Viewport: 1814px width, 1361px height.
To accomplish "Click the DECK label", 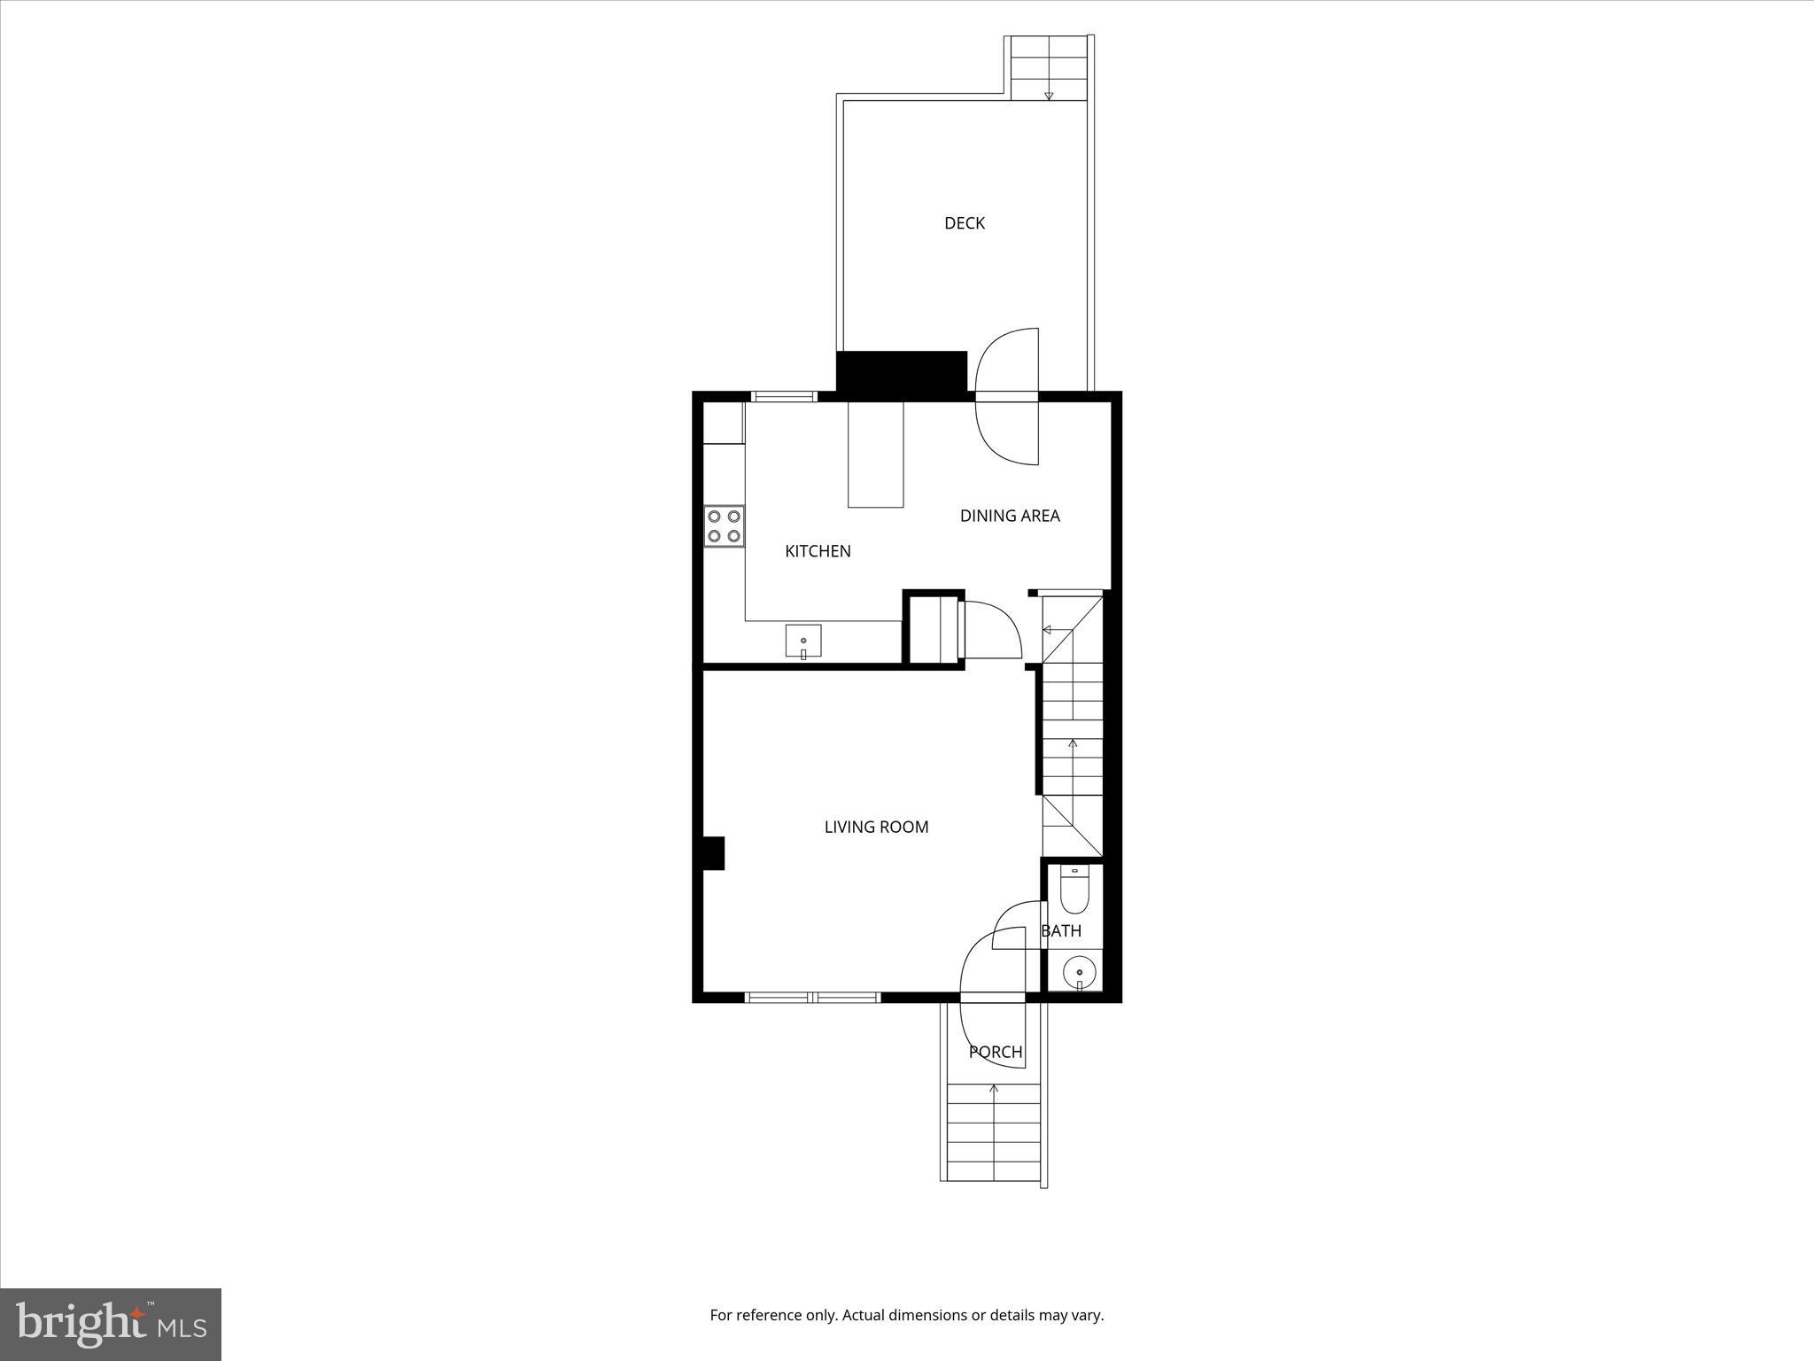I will coord(964,223).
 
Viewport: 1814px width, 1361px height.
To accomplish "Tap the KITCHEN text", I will coord(818,551).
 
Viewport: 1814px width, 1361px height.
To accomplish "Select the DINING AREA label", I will coord(1010,516).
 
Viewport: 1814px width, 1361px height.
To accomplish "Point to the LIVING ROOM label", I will coord(876,827).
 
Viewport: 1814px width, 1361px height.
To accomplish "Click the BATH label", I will coord(1061,931).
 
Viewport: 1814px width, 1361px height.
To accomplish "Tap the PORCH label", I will coord(996,1052).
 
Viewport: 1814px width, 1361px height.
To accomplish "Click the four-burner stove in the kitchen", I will coord(724,525).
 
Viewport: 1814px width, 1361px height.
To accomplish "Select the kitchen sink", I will coord(802,641).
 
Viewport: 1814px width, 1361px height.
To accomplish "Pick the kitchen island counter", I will coord(875,455).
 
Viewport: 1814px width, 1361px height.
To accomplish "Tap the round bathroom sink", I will coord(1079,974).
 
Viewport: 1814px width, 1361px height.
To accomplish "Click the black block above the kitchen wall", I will coord(901,371).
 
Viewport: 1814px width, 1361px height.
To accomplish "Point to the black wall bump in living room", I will coord(713,853).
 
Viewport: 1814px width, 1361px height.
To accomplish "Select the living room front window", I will coord(812,998).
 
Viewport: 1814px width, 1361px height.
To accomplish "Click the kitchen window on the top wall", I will coord(783,396).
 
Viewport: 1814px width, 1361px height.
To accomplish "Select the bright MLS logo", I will coord(111,1324).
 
